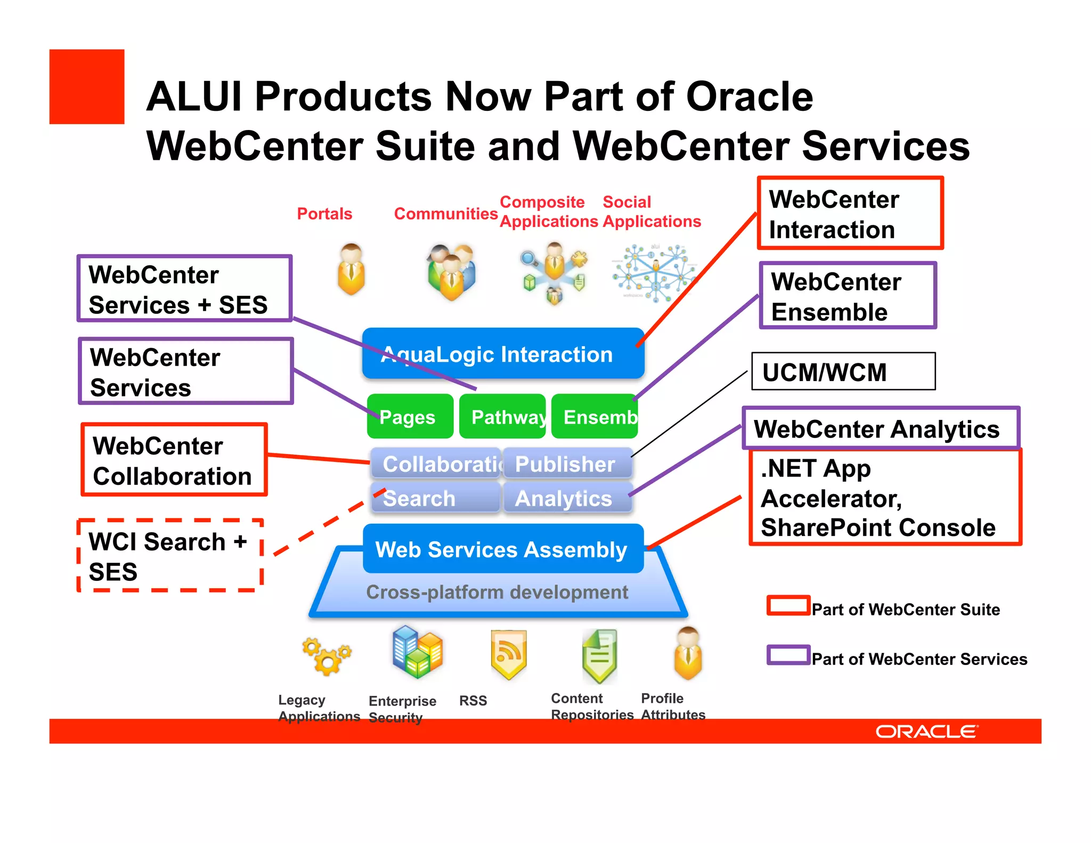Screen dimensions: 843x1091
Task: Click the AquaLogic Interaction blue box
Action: (x=503, y=354)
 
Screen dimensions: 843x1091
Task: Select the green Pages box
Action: (x=410, y=417)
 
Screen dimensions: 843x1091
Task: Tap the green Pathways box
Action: (x=502, y=417)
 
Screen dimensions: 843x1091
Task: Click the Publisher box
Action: (x=567, y=464)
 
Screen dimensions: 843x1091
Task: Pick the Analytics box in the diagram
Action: (x=567, y=498)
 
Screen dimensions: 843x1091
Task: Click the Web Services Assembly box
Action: (x=503, y=549)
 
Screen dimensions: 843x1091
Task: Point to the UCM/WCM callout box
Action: (x=843, y=371)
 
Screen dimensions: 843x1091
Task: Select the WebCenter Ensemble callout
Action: (x=847, y=296)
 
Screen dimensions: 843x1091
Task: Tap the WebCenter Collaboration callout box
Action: (x=174, y=460)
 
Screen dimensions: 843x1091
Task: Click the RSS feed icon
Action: (x=509, y=654)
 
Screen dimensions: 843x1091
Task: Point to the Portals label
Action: (x=324, y=214)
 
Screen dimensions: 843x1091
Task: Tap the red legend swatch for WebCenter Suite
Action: (x=788, y=606)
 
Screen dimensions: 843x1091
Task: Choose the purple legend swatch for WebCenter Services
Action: (x=788, y=655)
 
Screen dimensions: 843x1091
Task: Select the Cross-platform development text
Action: (x=497, y=592)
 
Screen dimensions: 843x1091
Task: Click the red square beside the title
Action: (x=87, y=87)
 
